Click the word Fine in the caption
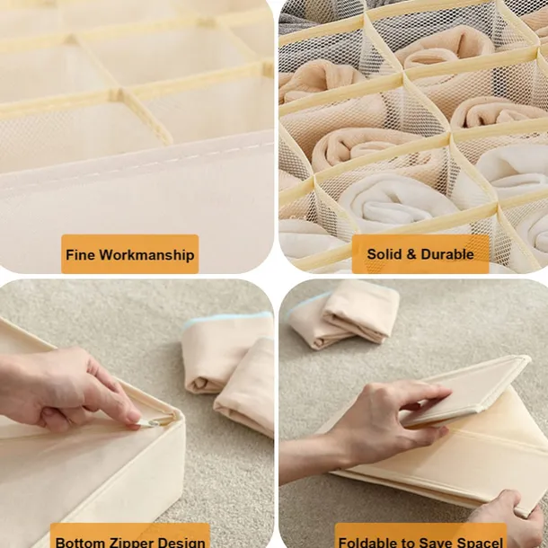click(x=80, y=255)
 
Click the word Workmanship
click(x=146, y=255)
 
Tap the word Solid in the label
click(x=385, y=254)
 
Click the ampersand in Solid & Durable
click(x=411, y=254)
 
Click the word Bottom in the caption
click(x=80, y=542)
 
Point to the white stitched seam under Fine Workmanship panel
click(x=135, y=170)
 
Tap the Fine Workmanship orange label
click(x=129, y=254)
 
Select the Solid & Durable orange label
click(x=420, y=254)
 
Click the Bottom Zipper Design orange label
click(x=129, y=537)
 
